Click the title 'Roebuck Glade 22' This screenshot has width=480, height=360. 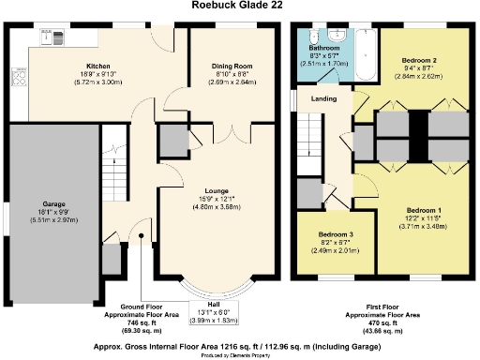pyautogui.click(x=238, y=7)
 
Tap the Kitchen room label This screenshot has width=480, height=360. pyautogui.click(x=98, y=67)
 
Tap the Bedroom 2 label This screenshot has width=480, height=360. pyautogui.click(x=413, y=59)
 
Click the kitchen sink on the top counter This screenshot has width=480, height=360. pyautogui.click(x=47, y=37)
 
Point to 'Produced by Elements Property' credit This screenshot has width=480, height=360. pyautogui.click(x=239, y=355)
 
